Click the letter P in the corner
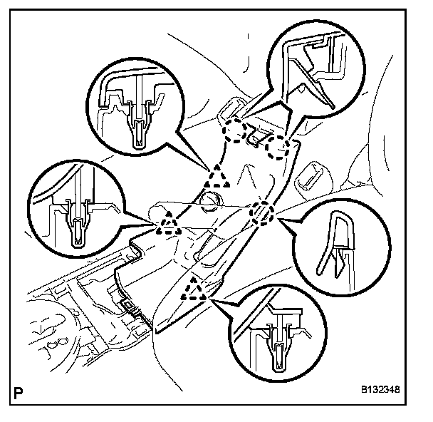click(x=16, y=391)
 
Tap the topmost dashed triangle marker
click(x=219, y=175)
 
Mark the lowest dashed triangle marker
click(x=194, y=288)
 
